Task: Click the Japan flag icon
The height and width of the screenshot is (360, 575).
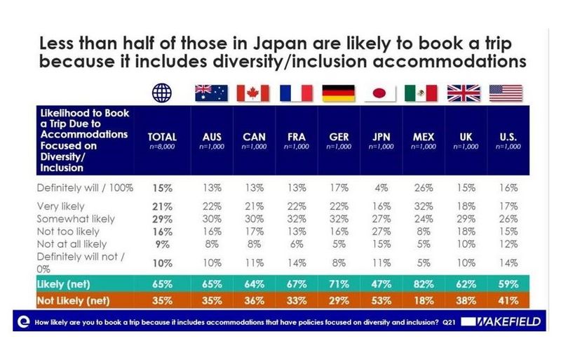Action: (380, 93)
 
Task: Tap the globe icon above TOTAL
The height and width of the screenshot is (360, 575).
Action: (162, 93)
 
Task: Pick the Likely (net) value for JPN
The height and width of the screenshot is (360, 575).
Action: (380, 284)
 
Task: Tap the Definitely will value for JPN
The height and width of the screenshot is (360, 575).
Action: (380, 188)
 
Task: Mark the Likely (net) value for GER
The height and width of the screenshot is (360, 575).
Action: (338, 284)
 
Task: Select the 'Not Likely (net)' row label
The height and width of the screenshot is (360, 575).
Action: (72, 300)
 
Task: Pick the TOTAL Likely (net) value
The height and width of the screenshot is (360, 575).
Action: (162, 284)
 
